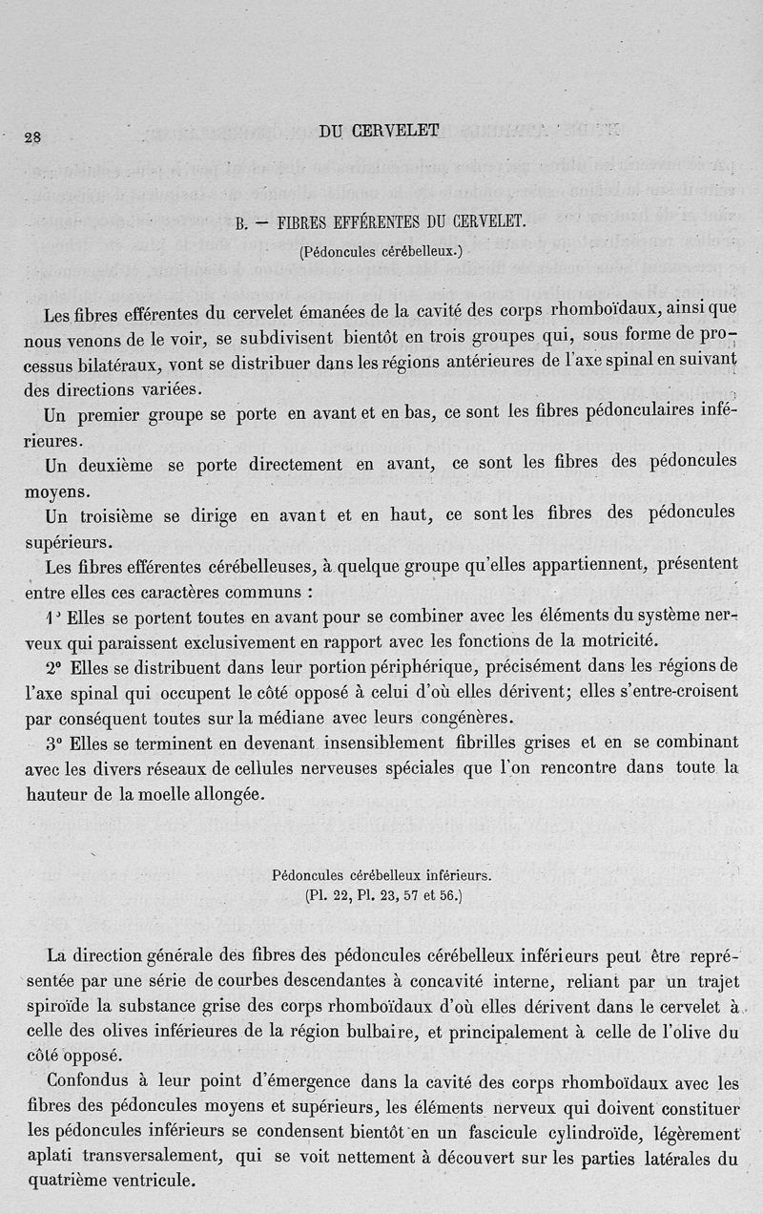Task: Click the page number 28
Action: coord(32,136)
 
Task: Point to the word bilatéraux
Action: coord(144,366)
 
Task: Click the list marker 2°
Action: coord(53,664)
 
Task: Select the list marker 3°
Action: coord(53,741)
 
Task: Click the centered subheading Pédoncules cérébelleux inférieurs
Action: coord(381,874)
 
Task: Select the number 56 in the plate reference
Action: coord(444,896)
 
